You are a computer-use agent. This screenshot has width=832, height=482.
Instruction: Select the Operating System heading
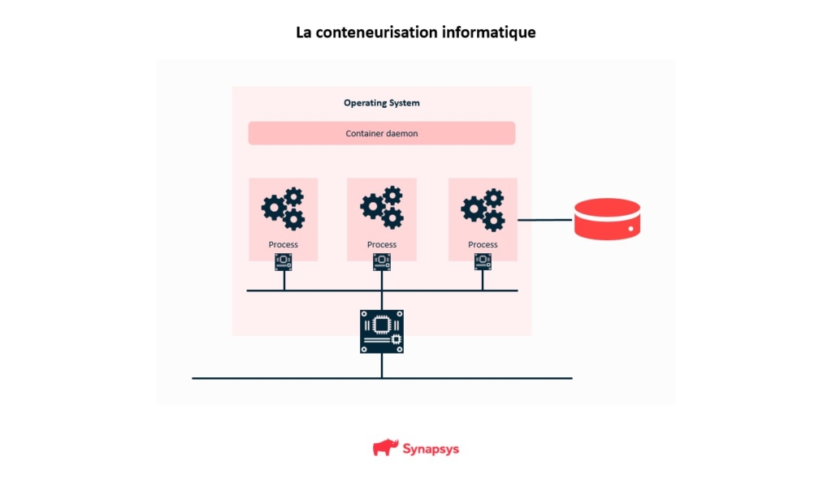(x=381, y=103)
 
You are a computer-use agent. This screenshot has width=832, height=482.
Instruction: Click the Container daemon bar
(x=381, y=133)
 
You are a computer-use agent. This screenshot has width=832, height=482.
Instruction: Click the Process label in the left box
(x=283, y=244)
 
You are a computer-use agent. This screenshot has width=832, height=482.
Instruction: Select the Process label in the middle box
(x=381, y=244)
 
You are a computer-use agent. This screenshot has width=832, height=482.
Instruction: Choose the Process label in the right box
(x=483, y=244)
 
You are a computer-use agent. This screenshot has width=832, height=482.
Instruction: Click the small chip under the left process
(x=284, y=261)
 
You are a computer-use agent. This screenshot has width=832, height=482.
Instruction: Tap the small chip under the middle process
(x=382, y=261)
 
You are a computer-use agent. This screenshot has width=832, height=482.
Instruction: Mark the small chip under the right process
(x=483, y=261)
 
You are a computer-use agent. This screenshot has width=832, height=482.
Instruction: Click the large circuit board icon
(x=382, y=331)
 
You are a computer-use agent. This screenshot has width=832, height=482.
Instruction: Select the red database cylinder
(x=607, y=219)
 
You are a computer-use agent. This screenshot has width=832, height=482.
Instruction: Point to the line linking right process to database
(x=545, y=220)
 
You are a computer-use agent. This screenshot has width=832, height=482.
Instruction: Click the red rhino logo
(x=385, y=447)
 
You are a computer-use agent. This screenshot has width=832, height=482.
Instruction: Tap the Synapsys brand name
(x=431, y=449)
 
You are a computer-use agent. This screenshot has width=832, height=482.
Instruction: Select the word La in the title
(x=304, y=33)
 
